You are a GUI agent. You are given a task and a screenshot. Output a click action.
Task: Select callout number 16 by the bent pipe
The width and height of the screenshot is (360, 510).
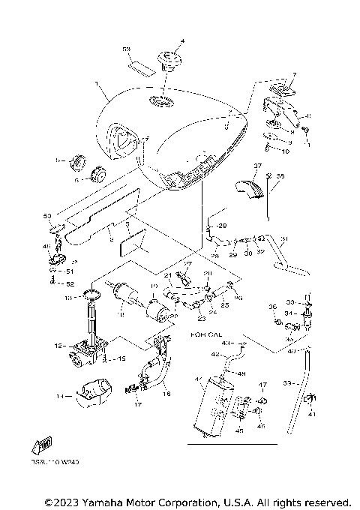coord(166,392)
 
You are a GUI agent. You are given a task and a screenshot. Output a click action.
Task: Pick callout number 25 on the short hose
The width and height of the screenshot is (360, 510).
coord(223,306)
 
